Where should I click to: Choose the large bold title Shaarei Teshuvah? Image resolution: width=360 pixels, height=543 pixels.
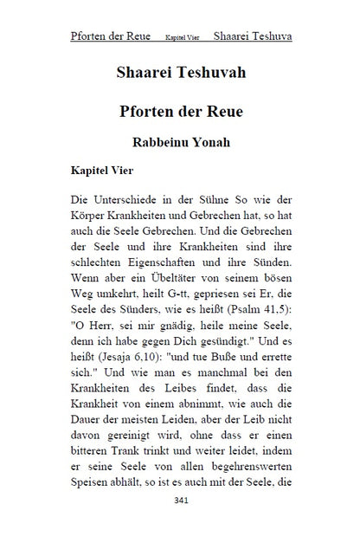(180, 73)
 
